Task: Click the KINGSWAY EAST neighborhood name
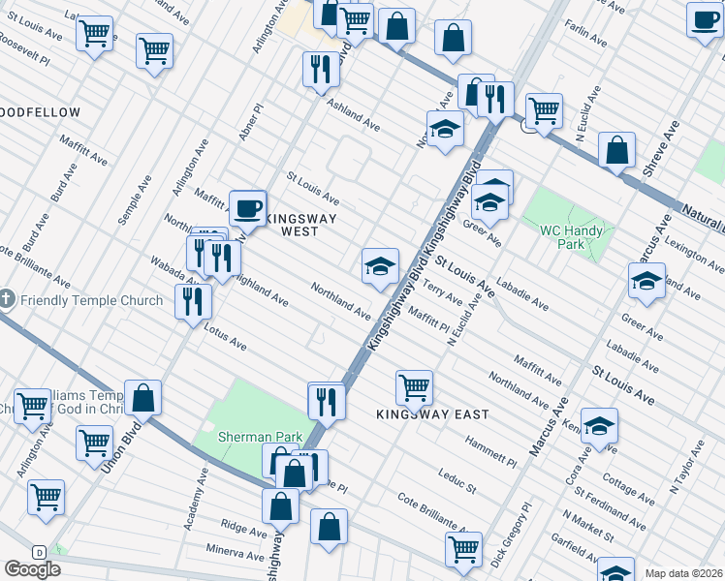pos(432,414)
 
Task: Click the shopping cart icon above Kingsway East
pos(415,386)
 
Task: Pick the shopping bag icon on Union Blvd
pos(143,396)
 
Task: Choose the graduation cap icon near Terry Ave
pos(380,264)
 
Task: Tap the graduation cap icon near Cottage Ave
pos(600,426)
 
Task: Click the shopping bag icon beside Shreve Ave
pos(616,149)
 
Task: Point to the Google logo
pos(32,569)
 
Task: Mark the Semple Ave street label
pos(135,200)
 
